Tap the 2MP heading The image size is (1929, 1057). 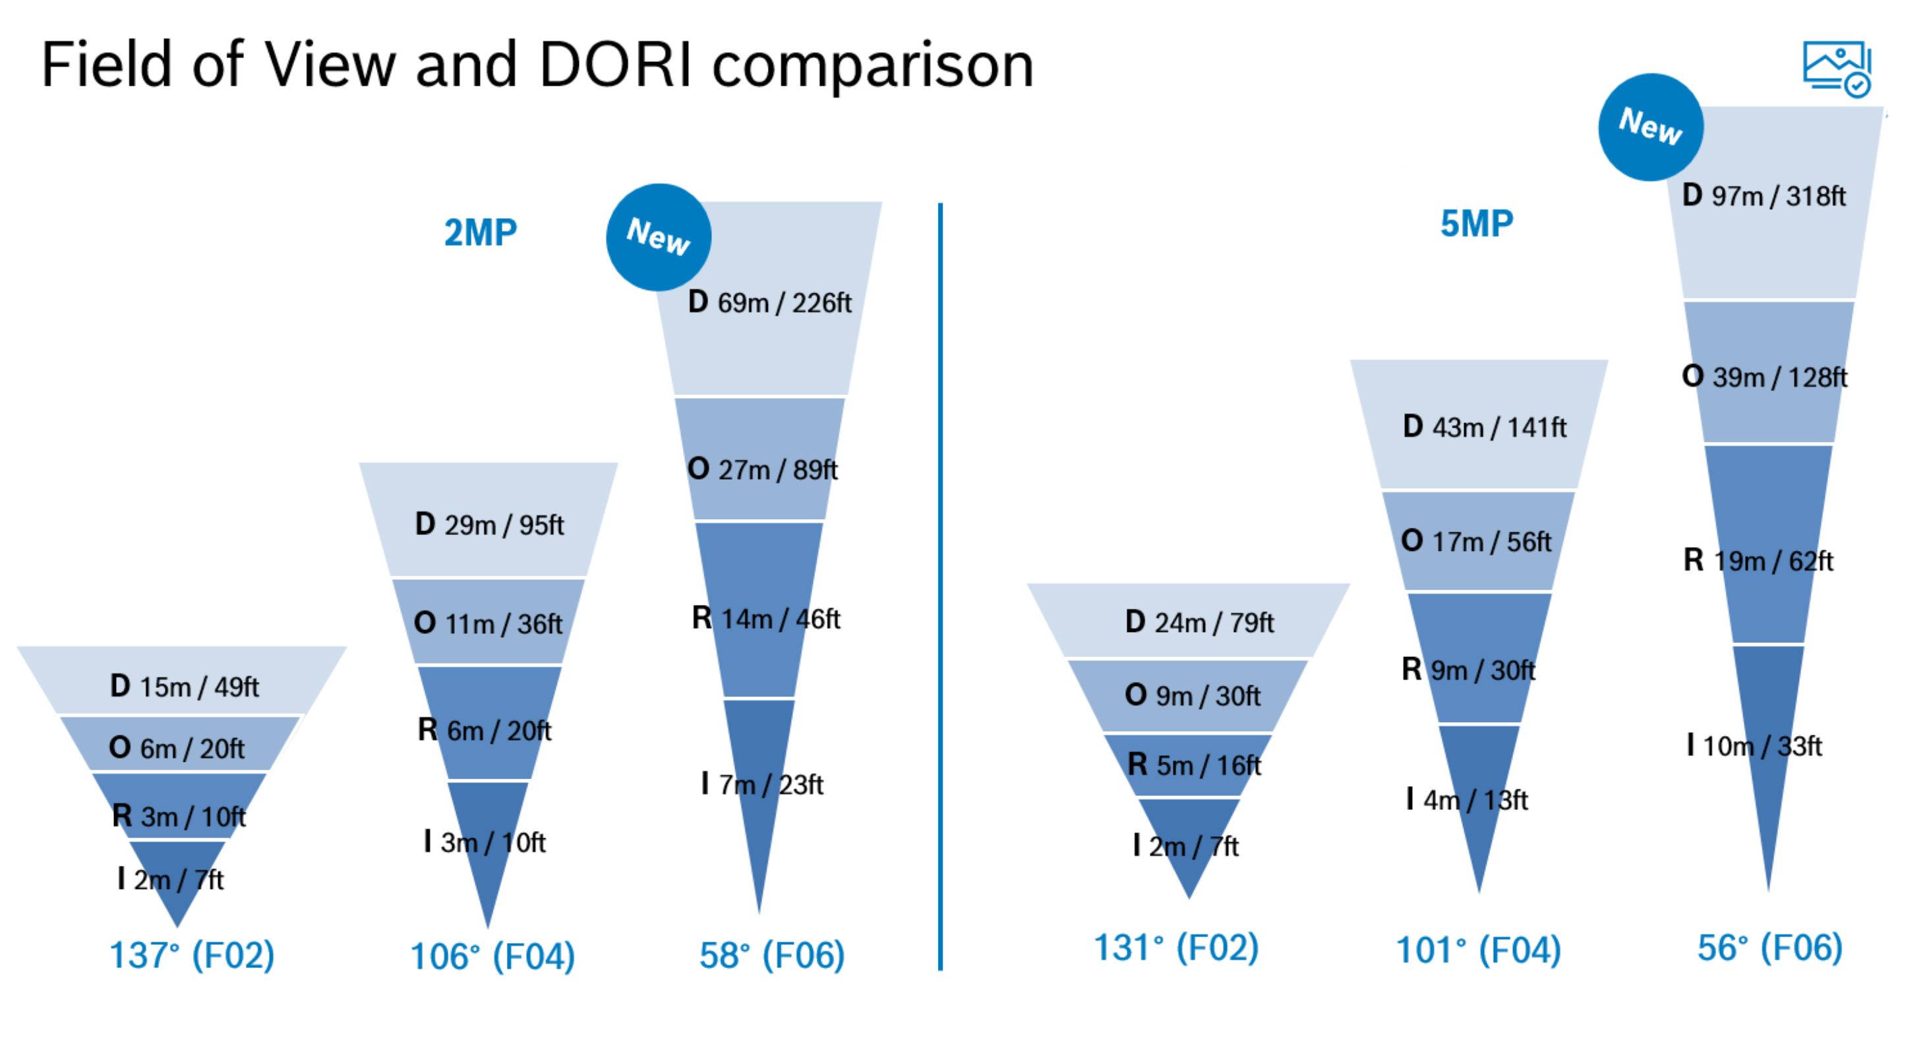pos(480,232)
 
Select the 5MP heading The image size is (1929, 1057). pos(1477,223)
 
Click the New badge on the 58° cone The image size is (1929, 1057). pos(658,237)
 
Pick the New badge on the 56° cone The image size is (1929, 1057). pos(1650,127)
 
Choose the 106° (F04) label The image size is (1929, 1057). pos(492,956)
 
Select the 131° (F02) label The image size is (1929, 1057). pos(1176,947)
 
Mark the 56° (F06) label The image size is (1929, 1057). pos(1770,947)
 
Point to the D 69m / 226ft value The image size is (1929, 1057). pos(769,302)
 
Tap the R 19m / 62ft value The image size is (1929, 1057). pos(1758,560)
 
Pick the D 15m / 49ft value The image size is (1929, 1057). pos(184,686)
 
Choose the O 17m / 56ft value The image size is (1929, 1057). pos(1476,540)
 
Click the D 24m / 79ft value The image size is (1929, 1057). pos(1199,621)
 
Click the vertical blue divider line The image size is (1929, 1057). pos(940,586)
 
